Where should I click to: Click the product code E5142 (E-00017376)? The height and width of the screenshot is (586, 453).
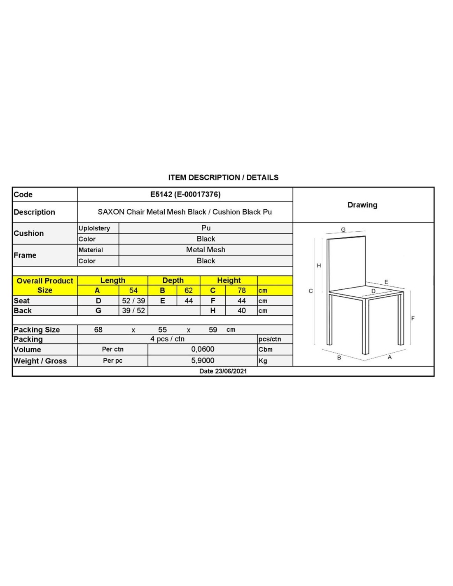[x=185, y=194]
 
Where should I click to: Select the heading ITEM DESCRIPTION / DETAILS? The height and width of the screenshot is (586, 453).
[x=223, y=178]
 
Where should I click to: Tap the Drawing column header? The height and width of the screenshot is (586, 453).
[x=362, y=205]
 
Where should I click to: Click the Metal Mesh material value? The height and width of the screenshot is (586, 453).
[x=205, y=250]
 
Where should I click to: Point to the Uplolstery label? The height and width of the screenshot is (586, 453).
[x=94, y=228]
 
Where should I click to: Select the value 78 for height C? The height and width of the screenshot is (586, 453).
[x=241, y=291]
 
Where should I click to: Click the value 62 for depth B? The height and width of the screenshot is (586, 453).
[x=188, y=291]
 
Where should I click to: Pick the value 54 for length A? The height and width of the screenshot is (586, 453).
[x=133, y=291]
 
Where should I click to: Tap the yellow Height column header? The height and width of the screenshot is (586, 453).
[x=229, y=281]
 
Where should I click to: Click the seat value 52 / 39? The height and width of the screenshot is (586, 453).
[x=133, y=301]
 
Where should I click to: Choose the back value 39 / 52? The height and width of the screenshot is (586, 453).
[x=133, y=311]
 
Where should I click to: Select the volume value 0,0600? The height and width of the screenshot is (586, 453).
[x=203, y=349]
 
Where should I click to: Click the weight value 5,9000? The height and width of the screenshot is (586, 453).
[x=203, y=361]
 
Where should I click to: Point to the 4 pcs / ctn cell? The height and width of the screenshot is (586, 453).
[x=167, y=339]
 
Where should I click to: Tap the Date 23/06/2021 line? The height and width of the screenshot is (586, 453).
[x=223, y=371]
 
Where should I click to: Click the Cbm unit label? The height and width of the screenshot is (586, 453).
[x=266, y=349]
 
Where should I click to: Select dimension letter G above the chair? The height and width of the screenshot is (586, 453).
[x=343, y=230]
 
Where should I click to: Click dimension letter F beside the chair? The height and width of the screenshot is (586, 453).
[x=413, y=319]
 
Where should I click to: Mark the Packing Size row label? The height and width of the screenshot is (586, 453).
[x=37, y=330]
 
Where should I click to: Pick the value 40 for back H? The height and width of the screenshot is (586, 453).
[x=241, y=311]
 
